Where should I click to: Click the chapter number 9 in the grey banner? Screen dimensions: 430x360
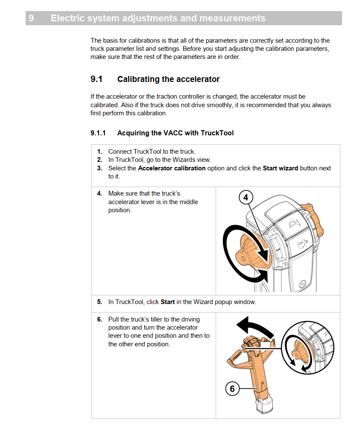31,18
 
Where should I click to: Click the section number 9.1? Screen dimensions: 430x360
97,79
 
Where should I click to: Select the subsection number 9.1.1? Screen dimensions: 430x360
98,133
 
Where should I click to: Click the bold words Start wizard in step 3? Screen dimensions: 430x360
280,168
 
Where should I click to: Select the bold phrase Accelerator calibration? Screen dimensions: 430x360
172,168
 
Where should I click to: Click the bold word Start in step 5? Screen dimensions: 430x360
167,302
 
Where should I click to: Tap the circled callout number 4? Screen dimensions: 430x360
246,198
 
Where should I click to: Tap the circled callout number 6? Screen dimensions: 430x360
232,389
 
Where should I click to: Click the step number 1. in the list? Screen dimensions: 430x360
100,152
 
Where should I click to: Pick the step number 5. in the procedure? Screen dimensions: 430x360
100,302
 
